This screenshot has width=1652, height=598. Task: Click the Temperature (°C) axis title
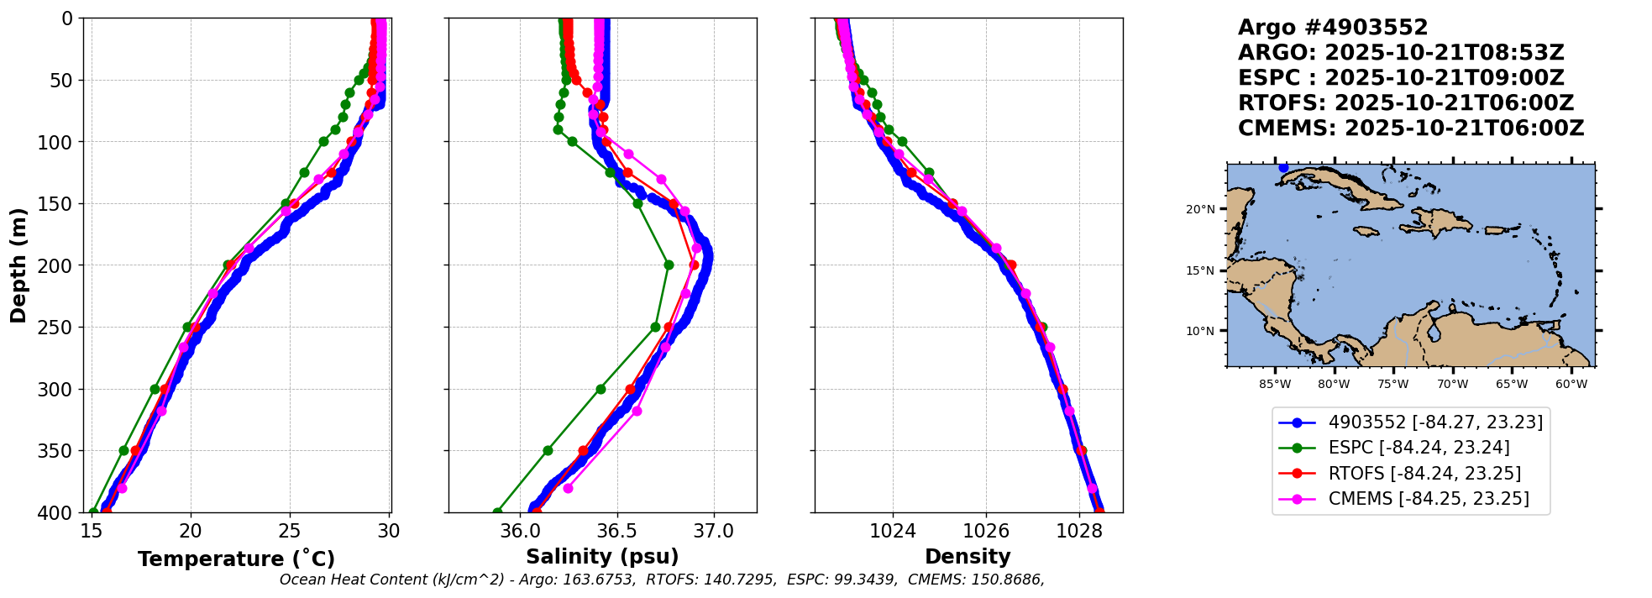tap(236, 559)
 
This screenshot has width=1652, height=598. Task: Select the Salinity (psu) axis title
tap(602, 557)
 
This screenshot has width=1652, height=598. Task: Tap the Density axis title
tap(968, 556)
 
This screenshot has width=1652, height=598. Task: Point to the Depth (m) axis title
tap(18, 265)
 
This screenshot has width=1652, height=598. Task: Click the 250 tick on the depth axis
tap(57, 328)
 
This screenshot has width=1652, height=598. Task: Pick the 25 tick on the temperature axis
tap(290, 531)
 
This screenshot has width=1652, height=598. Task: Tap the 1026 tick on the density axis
tap(986, 531)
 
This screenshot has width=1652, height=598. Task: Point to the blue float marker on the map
tap(1283, 168)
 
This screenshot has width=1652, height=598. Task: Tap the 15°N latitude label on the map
tap(1200, 270)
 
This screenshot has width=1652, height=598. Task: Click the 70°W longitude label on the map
tap(1452, 385)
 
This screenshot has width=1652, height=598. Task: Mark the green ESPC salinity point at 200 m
tap(669, 265)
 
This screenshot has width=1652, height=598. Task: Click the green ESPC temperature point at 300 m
tap(155, 389)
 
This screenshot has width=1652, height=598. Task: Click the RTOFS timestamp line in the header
tap(1406, 103)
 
